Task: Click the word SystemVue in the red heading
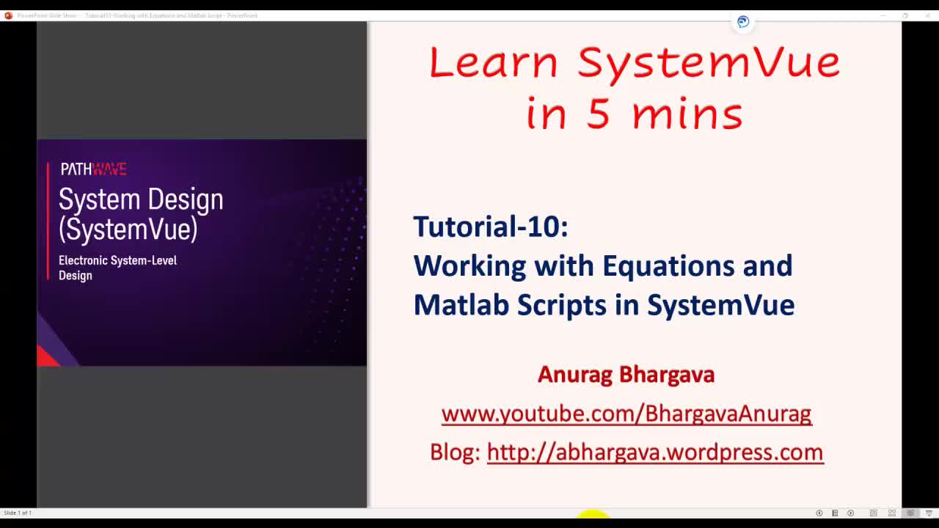tap(709, 63)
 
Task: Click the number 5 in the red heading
tap(599, 114)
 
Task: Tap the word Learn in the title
tap(493, 63)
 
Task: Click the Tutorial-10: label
tap(490, 227)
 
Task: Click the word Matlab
tap(461, 304)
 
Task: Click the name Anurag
tap(574, 374)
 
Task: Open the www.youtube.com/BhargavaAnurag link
tap(626, 414)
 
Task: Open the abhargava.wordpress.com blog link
tap(654, 452)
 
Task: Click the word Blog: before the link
tap(455, 452)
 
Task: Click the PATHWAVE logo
tap(93, 169)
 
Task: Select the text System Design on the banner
tap(141, 199)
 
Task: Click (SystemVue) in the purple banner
tap(128, 230)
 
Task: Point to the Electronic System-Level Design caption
tap(117, 268)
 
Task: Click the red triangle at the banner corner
tap(47, 357)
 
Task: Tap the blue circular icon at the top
tap(743, 22)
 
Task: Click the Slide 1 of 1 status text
tap(18, 513)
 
